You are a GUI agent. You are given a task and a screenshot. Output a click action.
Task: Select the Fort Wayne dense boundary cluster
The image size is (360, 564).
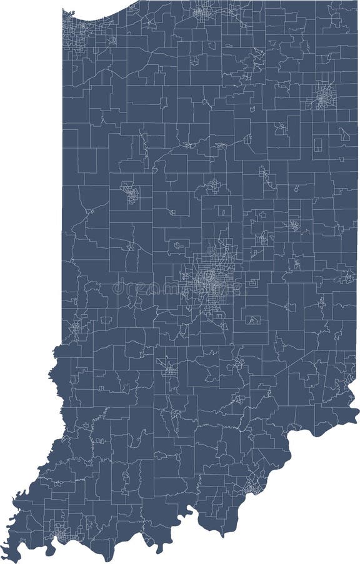(x=322, y=97)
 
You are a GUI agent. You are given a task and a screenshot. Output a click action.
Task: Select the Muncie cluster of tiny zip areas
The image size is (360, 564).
(x=292, y=225)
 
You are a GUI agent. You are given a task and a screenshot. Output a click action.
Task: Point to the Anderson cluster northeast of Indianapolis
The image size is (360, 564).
(x=264, y=237)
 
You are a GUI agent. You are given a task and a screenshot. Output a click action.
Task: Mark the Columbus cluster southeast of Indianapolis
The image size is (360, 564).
(x=239, y=362)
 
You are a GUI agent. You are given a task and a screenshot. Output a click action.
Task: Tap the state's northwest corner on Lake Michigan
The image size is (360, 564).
(x=64, y=11)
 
